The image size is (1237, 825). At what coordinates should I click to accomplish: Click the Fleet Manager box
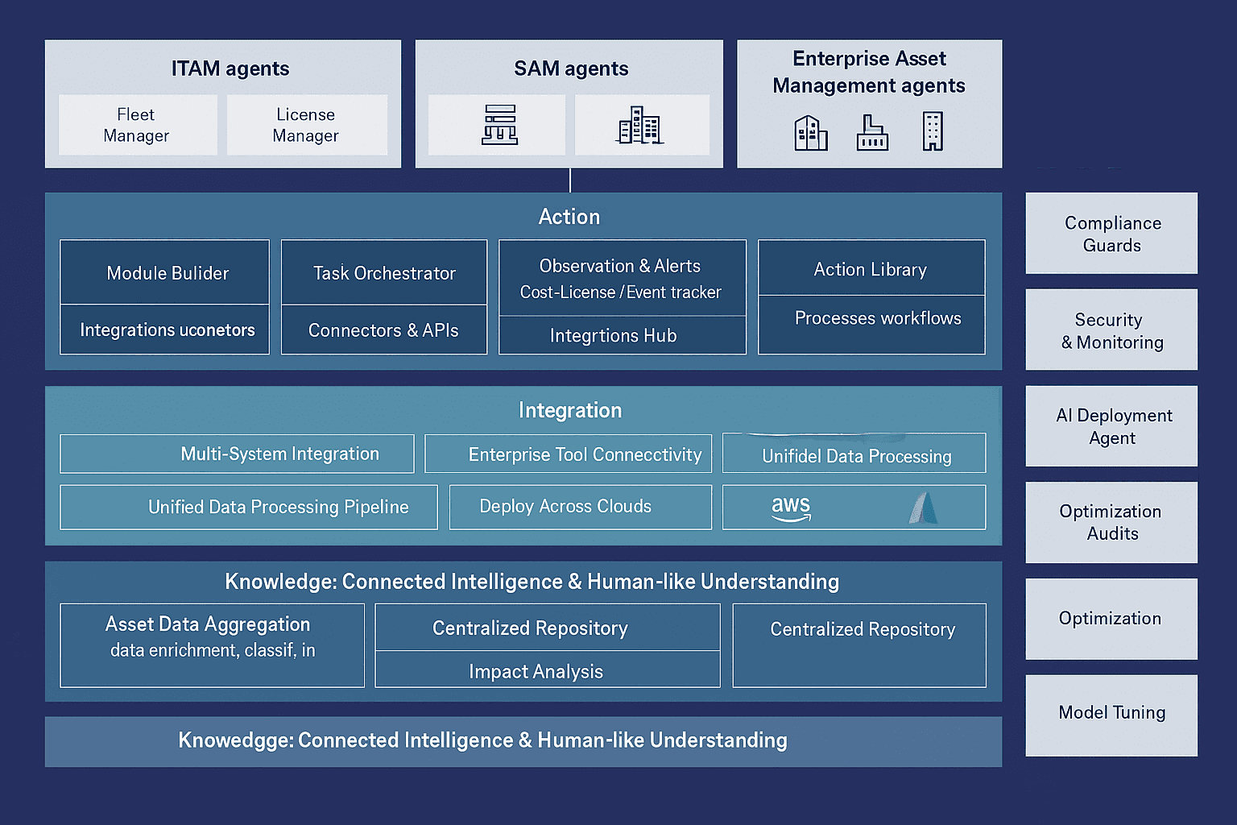137,125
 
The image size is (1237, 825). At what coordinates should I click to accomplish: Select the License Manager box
306,125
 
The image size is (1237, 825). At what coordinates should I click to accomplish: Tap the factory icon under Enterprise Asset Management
871,133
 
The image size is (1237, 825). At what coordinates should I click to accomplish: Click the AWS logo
791,508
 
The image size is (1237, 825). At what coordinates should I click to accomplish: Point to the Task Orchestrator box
384,273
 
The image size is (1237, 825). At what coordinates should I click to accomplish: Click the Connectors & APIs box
384,330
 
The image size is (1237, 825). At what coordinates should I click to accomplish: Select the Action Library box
871,269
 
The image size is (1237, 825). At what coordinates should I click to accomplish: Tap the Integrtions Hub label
614,335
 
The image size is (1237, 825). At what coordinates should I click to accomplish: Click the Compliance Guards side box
1111,234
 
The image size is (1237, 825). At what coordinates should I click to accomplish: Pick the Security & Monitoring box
1111,330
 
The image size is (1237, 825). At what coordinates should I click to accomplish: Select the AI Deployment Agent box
1111,426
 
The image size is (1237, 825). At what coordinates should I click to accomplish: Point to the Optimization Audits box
1111,522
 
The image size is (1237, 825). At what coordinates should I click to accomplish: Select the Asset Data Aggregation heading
208,624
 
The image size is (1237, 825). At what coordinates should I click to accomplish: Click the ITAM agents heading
230,68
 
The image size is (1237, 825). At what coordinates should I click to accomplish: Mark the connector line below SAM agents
570,180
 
